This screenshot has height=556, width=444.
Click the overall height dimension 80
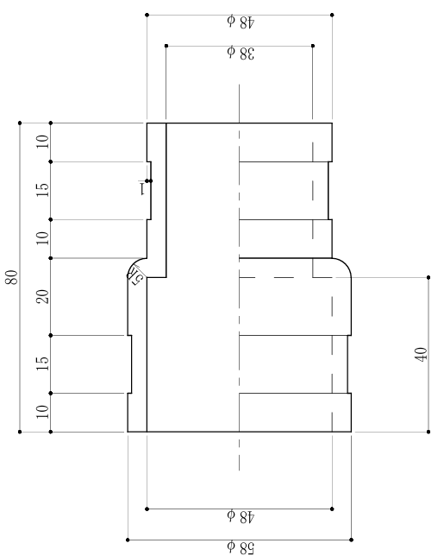12,277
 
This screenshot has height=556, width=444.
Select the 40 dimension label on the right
421,355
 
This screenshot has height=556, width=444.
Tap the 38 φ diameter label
241,53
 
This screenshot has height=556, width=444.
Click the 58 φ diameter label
241,547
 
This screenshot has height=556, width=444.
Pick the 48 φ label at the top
241,22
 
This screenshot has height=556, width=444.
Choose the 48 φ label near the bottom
241,516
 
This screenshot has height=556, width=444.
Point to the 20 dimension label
43,296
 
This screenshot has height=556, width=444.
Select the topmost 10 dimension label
43,142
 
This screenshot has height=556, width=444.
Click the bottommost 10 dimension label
43,412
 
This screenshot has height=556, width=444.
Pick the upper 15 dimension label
43,190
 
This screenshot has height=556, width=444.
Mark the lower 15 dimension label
43,363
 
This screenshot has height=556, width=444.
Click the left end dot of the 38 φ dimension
166,46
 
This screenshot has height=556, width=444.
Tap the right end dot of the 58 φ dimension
351,540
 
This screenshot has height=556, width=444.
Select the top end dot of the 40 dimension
428,277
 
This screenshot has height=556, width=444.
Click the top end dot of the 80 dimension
20,123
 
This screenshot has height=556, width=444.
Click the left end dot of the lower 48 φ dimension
147,509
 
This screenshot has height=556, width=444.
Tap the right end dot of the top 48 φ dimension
332,15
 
